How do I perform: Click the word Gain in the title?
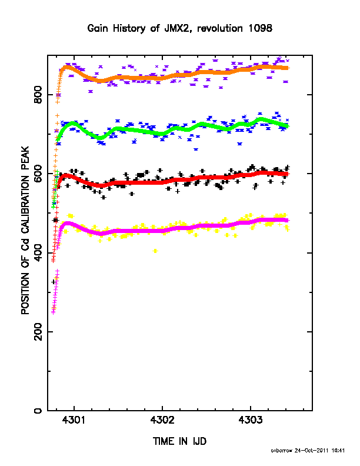tap(97, 28)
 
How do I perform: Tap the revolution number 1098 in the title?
tap(260, 28)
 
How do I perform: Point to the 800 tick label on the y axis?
tap(38, 95)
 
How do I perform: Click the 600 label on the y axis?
tap(38, 174)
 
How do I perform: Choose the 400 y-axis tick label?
tap(38, 252)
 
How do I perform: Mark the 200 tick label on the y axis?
tap(38, 332)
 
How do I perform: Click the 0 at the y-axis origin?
tap(38, 411)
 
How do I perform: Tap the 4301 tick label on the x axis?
tap(74, 420)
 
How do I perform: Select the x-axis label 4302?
tap(162, 420)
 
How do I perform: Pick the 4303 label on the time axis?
tap(251, 420)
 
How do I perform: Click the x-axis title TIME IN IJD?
tap(179, 441)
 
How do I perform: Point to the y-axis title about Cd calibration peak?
tap(25, 230)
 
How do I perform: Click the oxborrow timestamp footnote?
tap(308, 451)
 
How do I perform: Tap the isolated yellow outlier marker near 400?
tap(155, 251)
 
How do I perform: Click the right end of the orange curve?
tap(288, 68)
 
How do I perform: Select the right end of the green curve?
tap(287, 127)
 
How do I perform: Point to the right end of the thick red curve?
tap(287, 174)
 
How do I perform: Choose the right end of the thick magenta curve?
tap(287, 220)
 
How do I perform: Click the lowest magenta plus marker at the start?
tap(53, 312)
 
